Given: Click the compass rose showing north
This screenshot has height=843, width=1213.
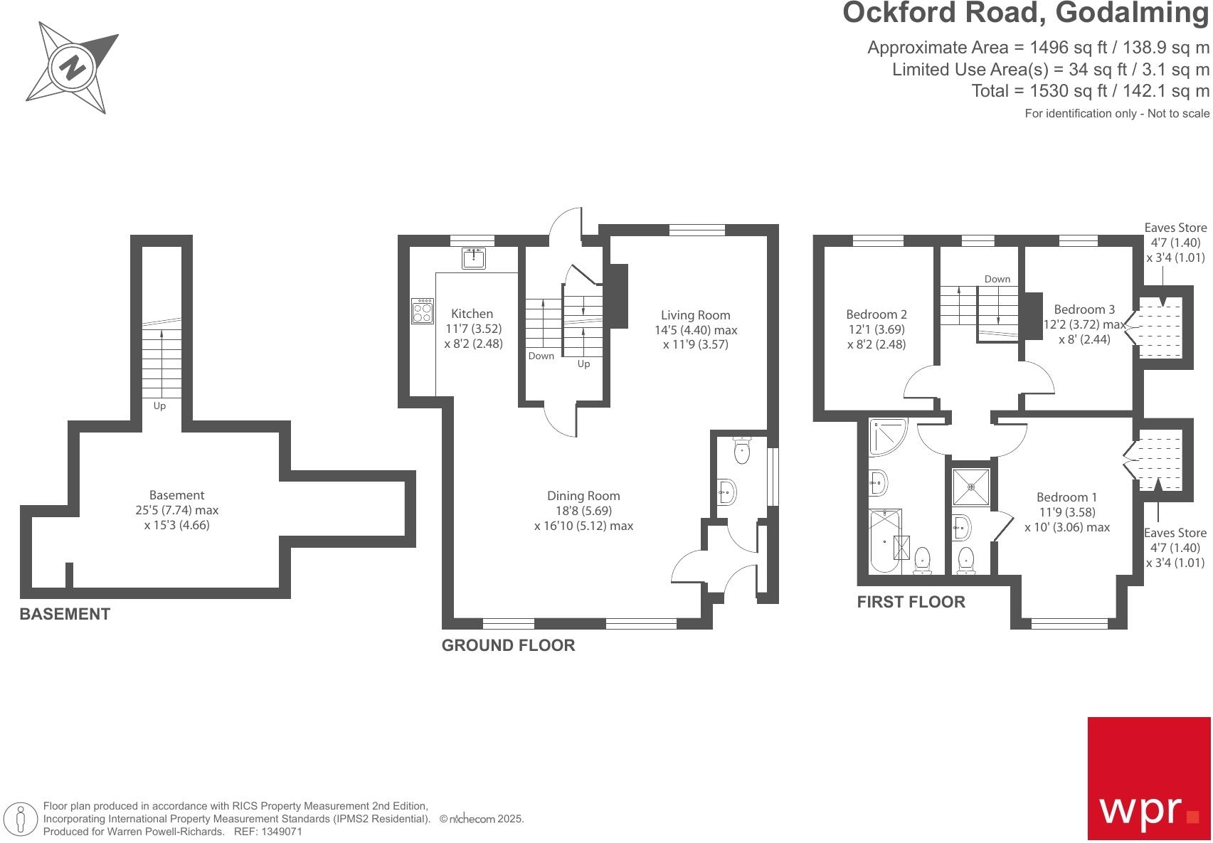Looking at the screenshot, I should (x=72, y=67).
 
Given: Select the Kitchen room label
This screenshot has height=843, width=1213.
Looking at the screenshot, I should (x=472, y=314).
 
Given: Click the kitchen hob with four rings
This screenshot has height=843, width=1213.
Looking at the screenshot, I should (x=422, y=311).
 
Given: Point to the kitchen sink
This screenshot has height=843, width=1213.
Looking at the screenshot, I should (x=473, y=258).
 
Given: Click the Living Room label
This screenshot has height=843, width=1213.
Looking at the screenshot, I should (x=695, y=315).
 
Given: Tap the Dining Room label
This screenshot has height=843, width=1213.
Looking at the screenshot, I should (x=583, y=496).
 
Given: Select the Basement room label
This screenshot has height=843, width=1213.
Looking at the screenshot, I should (x=176, y=495).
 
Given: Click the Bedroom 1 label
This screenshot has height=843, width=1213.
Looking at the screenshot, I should (x=1066, y=497).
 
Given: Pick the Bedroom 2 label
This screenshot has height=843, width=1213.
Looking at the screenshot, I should (x=876, y=314).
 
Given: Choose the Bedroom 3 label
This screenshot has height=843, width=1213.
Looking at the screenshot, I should (x=1084, y=309).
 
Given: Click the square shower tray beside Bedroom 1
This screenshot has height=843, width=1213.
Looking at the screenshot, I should (x=971, y=487).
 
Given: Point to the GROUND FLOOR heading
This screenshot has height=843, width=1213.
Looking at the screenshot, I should (x=508, y=645).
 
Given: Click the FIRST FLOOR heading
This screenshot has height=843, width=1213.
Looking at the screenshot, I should (x=911, y=602).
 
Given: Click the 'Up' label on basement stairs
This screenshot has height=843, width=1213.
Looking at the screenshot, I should (x=159, y=406).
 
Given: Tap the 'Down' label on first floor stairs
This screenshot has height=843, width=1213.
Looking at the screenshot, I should (x=997, y=279).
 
